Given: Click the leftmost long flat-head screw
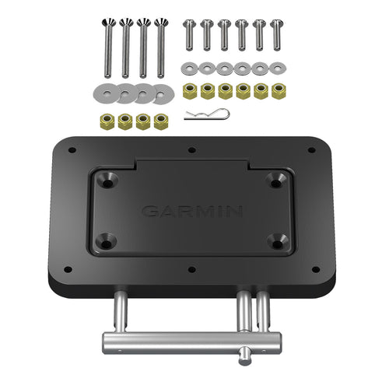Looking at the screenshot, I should pyautogui.click(x=105, y=47).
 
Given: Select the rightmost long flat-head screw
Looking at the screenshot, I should pyautogui.click(x=161, y=47).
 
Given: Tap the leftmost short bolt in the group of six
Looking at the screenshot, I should pyautogui.click(x=187, y=35).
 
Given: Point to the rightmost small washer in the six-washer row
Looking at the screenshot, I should pyautogui.click(x=278, y=68).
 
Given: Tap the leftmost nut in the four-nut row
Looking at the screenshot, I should pyautogui.click(x=106, y=121).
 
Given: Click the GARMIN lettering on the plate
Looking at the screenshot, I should pyautogui.click(x=192, y=211).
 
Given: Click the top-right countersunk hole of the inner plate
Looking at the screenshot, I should pyautogui.click(x=274, y=179).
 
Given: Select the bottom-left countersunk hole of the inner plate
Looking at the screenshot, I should pyautogui.click(x=107, y=240).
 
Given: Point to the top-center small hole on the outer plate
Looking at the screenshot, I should pyautogui.click(x=191, y=149).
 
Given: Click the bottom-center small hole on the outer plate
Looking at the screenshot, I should pyautogui.click(x=191, y=272).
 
